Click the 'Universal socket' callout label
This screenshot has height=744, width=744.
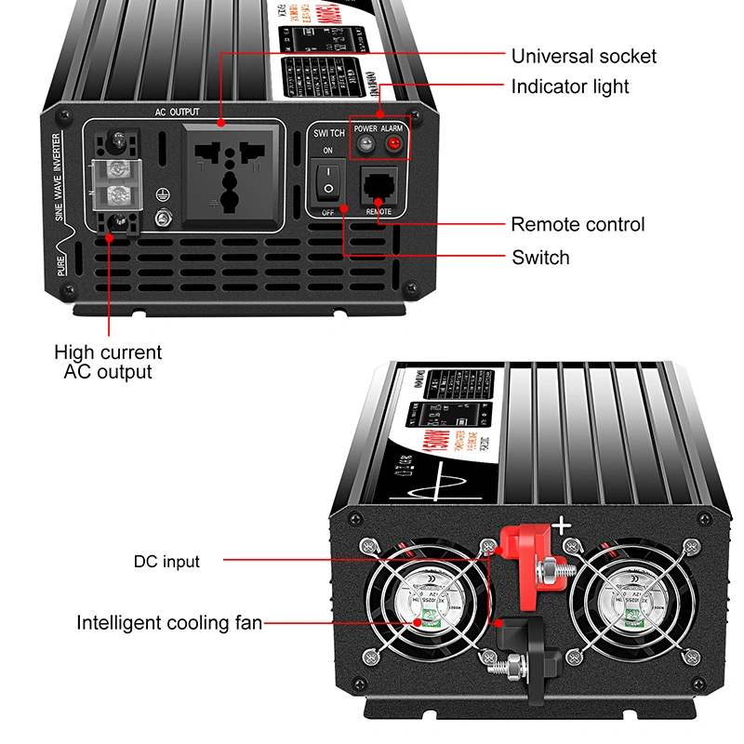point(583,56)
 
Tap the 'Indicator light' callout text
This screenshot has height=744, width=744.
point(569,86)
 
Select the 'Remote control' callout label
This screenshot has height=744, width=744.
point(577,225)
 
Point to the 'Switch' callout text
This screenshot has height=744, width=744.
point(540,258)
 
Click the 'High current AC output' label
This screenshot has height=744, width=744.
point(108,362)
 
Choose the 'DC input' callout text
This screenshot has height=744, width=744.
point(166,561)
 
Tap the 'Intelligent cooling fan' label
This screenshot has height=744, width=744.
point(169,623)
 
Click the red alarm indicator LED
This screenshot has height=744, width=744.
point(393,144)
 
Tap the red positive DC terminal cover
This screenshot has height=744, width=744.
point(520,552)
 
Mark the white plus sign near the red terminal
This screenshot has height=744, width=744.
point(562,526)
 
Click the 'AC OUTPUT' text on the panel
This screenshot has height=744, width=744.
point(178,112)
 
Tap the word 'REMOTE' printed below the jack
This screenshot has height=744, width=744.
point(379,212)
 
